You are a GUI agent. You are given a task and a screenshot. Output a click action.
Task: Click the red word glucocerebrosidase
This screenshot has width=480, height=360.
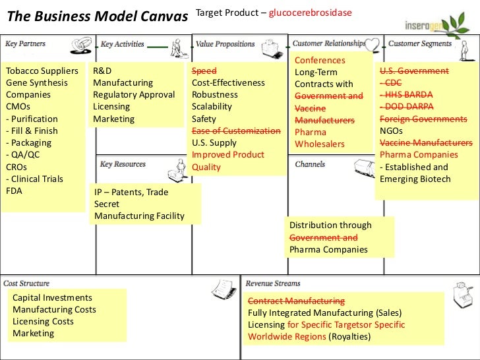310,12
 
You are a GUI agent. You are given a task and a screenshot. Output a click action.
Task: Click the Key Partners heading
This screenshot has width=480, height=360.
26,44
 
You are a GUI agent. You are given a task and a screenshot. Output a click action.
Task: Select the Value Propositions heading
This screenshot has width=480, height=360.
225,44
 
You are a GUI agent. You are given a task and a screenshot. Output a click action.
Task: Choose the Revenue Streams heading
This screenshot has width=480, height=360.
273,284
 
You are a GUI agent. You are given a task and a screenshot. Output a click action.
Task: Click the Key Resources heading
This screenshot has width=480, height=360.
124,164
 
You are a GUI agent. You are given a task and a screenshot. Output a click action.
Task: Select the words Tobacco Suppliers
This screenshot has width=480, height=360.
42,71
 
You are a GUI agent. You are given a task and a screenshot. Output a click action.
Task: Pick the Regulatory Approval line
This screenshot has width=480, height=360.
134,95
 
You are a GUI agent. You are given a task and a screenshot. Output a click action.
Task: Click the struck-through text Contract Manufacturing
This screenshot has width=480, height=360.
296,301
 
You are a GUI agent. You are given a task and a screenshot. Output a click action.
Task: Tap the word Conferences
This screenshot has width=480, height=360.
320,61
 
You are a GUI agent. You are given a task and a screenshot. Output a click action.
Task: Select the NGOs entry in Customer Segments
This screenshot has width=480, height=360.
392,131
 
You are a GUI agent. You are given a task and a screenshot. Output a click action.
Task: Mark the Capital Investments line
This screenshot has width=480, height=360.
52,298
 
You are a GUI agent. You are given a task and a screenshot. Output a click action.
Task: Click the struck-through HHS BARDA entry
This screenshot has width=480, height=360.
404,95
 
